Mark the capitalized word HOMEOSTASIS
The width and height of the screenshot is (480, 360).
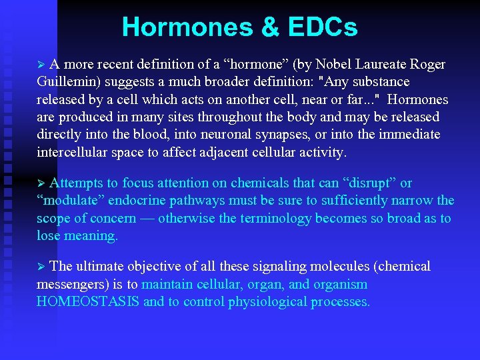pyautogui.click(x=88, y=302)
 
